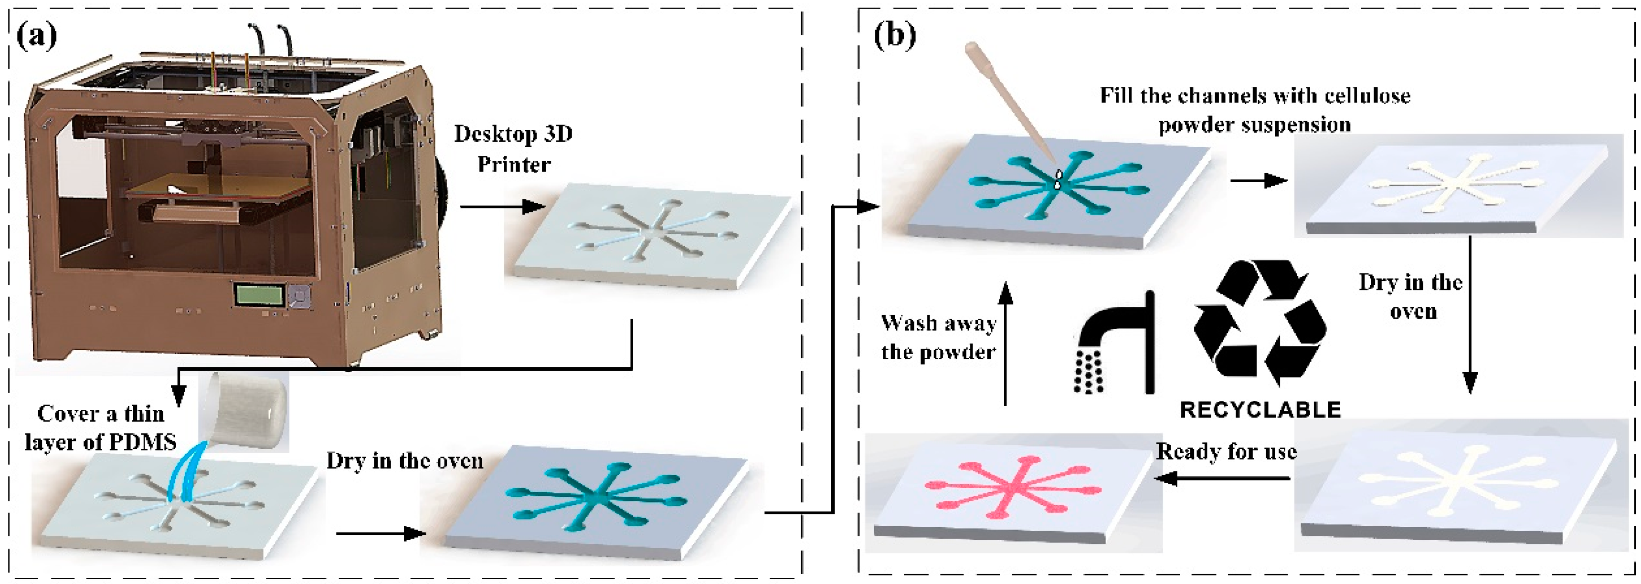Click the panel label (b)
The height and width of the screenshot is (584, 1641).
click(895, 35)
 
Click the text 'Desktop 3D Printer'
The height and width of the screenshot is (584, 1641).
click(513, 148)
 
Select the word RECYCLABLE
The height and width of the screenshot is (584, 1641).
click(1260, 409)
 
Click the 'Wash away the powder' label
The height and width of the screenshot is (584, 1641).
click(938, 337)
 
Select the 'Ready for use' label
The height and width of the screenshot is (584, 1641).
click(1226, 451)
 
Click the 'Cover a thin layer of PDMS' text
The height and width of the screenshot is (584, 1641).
click(101, 428)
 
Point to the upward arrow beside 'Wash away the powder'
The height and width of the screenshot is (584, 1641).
click(1005, 344)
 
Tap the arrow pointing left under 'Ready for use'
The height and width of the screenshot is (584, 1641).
click(1223, 478)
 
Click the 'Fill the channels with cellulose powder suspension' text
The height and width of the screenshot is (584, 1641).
click(1255, 110)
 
